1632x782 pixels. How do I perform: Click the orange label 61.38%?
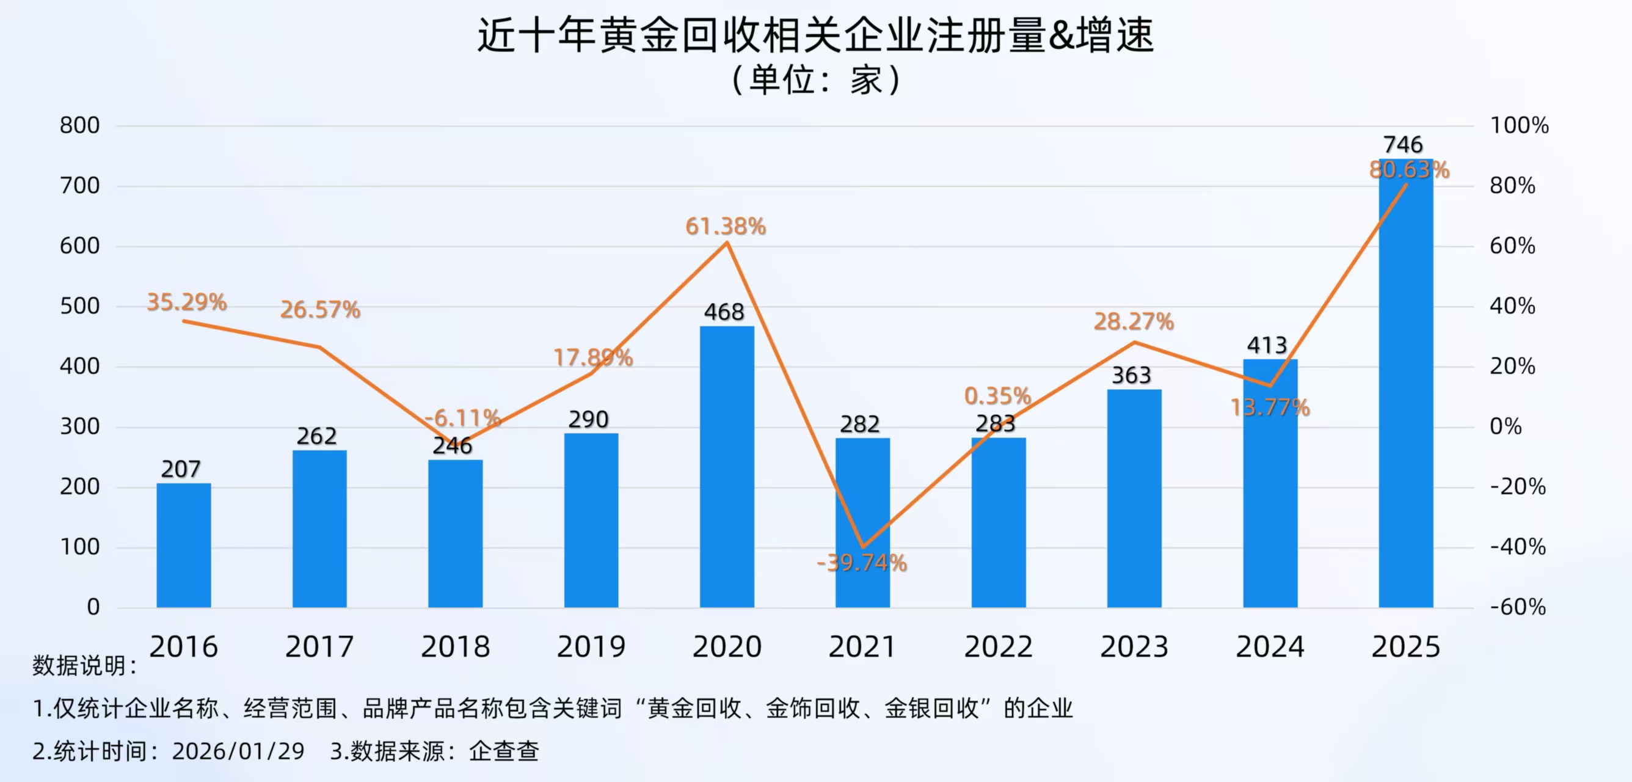(726, 226)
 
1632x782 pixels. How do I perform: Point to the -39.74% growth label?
(862, 563)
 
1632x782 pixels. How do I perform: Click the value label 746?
(1403, 144)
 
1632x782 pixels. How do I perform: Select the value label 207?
(181, 469)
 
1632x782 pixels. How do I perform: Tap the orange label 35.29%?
(187, 302)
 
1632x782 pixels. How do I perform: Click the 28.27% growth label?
(1134, 322)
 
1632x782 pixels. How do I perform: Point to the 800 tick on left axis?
(80, 125)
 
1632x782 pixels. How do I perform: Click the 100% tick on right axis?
(1518, 125)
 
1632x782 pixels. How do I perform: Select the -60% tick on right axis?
(1517, 607)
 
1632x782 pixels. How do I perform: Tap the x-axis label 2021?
(862, 647)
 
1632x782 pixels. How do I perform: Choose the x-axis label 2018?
(455, 647)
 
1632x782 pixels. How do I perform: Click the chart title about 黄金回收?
(815, 35)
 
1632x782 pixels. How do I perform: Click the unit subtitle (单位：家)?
(815, 81)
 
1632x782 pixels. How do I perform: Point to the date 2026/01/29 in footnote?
(238, 751)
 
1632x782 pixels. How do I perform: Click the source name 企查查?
(504, 751)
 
